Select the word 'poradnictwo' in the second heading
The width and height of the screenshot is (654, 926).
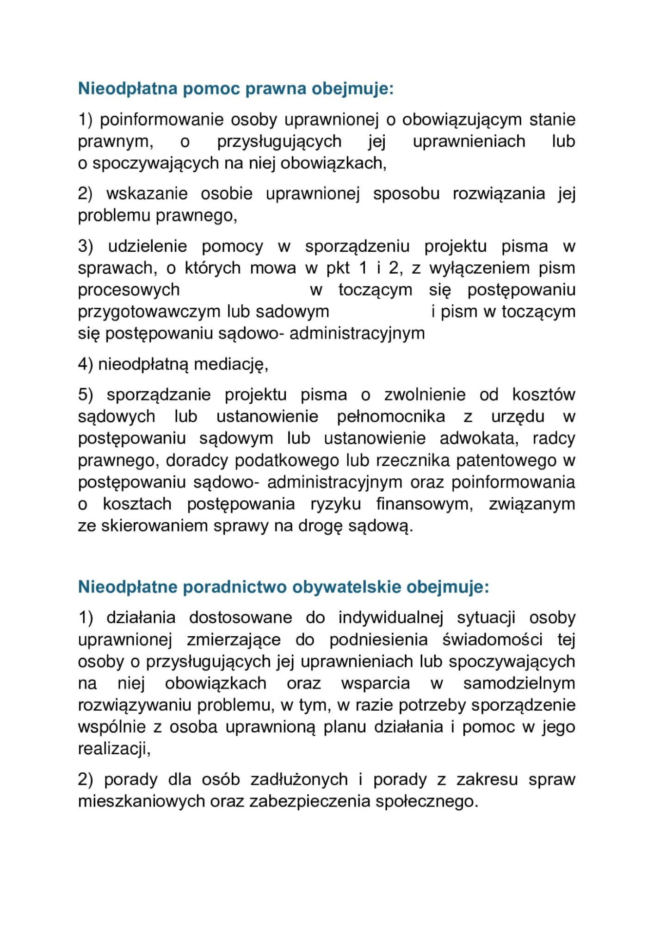tap(235, 587)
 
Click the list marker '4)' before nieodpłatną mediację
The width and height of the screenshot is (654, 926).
tap(86, 364)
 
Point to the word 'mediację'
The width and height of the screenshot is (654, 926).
tap(231, 365)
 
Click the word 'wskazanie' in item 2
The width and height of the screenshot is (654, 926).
tap(147, 194)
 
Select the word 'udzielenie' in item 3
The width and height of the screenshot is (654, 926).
tap(148, 246)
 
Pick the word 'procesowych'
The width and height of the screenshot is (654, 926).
tap(129, 290)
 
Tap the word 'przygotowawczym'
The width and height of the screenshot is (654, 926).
tap(149, 312)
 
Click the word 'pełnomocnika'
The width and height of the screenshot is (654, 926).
tap(391, 417)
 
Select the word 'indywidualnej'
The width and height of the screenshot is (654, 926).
tap(391, 618)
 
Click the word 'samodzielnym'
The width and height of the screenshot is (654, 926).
tap(519, 683)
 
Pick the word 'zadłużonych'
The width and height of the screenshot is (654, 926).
tap(299, 779)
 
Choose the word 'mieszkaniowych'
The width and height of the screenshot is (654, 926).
tap(141, 801)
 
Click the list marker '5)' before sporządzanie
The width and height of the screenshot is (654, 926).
tap(86, 395)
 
